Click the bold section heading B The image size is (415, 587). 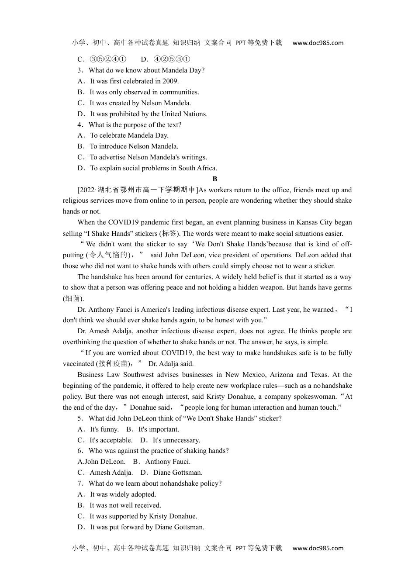pos(214,179)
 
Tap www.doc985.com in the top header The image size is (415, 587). pos(318,43)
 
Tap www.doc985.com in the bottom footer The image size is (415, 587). pos(318,548)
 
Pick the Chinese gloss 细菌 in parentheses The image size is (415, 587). pos(73,299)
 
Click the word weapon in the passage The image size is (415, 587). pos(281,287)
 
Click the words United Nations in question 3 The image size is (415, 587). pos(184,114)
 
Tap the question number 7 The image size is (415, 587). pos(80,483)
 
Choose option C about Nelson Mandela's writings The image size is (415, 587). pos(148,157)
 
